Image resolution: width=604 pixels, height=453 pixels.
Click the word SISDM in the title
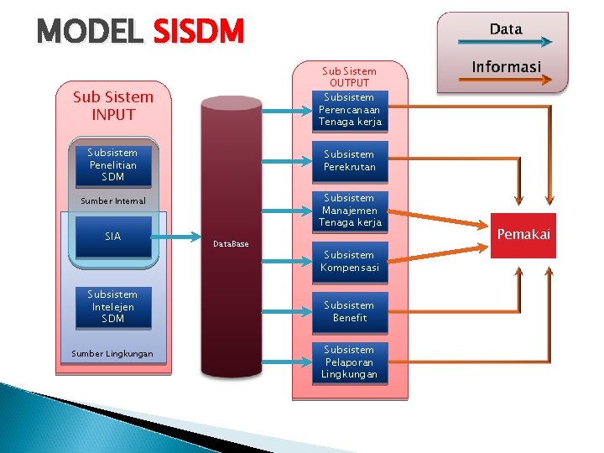[x=198, y=33]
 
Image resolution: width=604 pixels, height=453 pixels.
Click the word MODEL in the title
[x=91, y=33]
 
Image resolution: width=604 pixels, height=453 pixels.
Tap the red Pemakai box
[x=523, y=235]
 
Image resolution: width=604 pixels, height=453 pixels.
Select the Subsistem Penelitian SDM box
[x=112, y=164]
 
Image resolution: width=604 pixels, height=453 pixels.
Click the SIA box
[x=112, y=237]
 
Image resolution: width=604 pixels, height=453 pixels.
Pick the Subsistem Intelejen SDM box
[x=112, y=306]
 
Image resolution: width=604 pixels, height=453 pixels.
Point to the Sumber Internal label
[x=112, y=201]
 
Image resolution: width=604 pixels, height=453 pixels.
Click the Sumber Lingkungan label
[x=112, y=354]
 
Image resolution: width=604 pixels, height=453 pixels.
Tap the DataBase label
[x=231, y=244]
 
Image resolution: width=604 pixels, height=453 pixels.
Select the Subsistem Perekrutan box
[x=349, y=160]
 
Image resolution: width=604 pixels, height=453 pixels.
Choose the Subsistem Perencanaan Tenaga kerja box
[x=349, y=110]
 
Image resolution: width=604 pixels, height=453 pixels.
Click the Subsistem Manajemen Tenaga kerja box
[x=349, y=211]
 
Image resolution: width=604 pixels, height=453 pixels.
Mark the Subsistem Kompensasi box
[x=349, y=261]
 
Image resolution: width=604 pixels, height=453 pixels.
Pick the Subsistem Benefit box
[x=349, y=311]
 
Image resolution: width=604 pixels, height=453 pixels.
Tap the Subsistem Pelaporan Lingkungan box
[x=349, y=362]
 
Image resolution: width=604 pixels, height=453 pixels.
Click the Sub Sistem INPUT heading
[x=112, y=106]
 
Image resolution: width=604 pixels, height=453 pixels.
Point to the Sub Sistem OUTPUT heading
[x=349, y=76]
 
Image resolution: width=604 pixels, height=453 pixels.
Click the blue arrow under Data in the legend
[x=502, y=43]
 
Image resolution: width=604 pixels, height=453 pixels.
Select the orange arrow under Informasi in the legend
[x=502, y=81]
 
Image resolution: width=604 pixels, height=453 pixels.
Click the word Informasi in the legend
[x=506, y=66]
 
